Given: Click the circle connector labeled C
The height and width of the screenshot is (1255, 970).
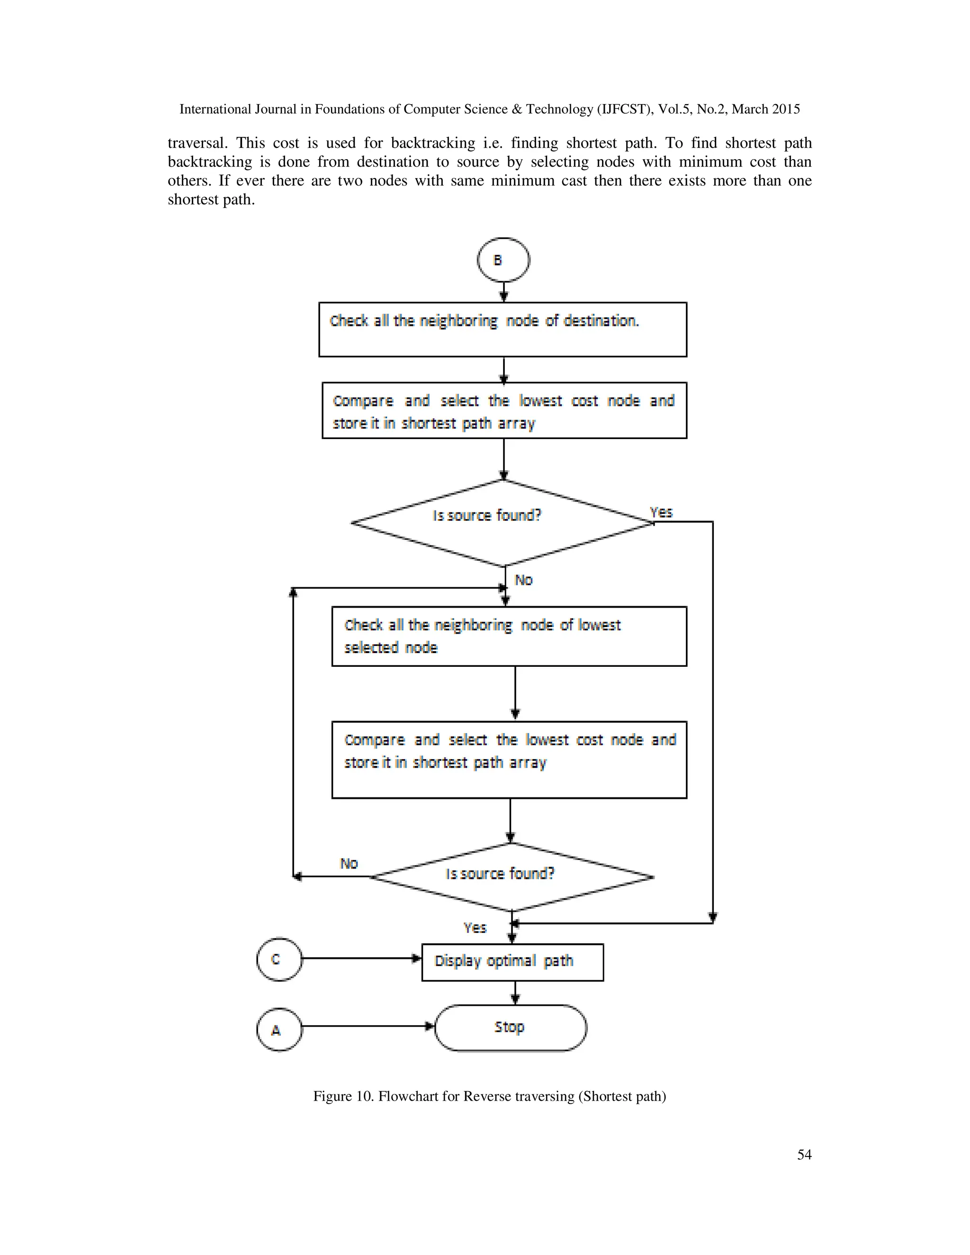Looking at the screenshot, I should click(x=278, y=959).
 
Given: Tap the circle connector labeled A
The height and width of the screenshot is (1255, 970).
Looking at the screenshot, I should click(x=278, y=1030).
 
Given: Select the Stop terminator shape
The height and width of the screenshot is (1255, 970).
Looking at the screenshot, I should click(x=510, y=1028).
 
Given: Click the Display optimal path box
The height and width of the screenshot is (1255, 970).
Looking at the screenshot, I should click(x=512, y=962).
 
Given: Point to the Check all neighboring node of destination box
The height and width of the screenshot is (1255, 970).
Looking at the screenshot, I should click(x=503, y=329).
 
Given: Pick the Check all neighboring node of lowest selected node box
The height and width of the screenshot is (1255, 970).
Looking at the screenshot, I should click(x=509, y=636).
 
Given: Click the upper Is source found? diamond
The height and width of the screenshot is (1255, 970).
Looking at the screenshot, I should click(x=503, y=522).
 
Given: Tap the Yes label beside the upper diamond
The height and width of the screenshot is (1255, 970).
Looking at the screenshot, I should click(x=661, y=512).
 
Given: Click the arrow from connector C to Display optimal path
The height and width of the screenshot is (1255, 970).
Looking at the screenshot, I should click(x=361, y=958).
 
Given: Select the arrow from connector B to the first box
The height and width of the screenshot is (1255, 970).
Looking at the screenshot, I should click(x=503, y=292).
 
